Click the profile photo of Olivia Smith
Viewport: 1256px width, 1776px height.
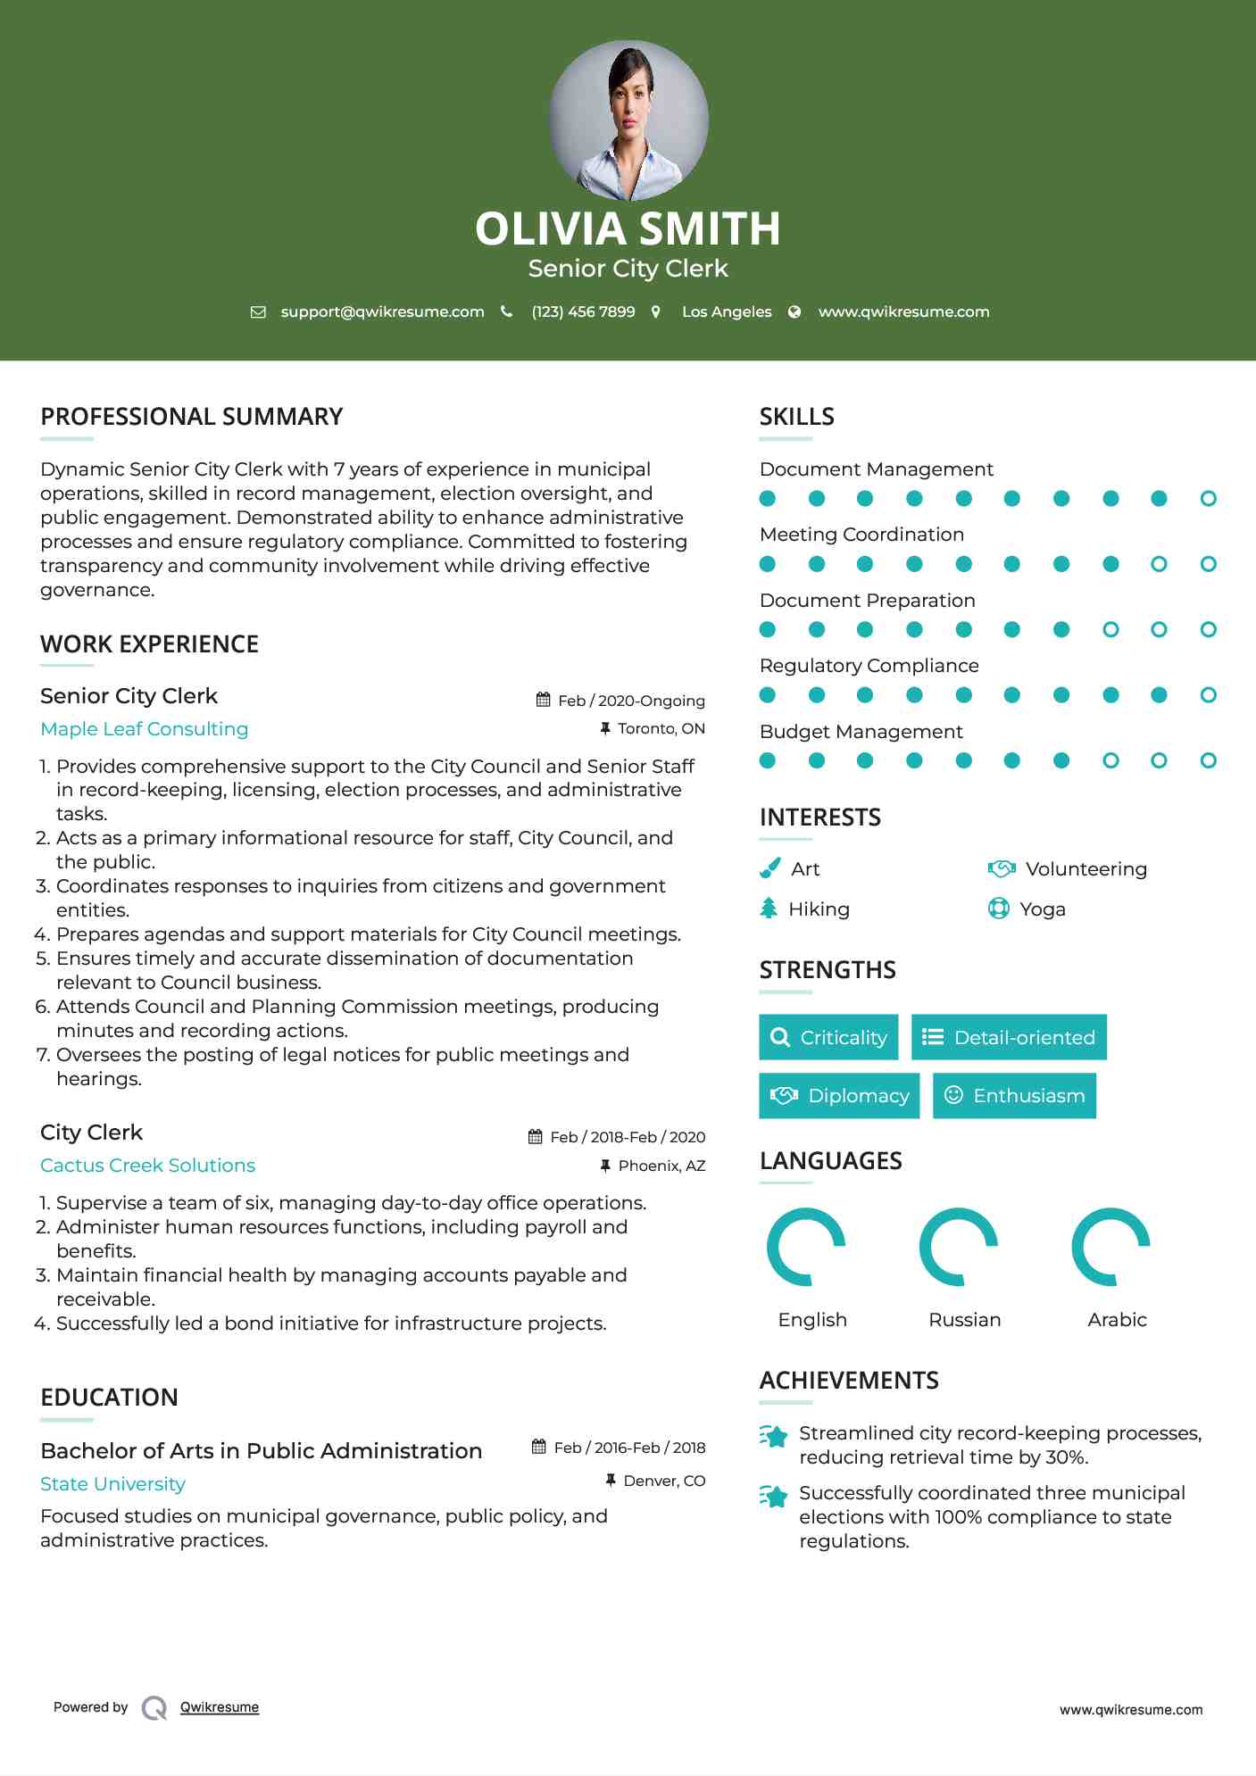point(628,120)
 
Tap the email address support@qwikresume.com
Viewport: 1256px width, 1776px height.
point(382,311)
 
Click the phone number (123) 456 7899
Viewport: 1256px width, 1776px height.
point(583,311)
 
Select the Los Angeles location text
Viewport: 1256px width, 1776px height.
point(727,311)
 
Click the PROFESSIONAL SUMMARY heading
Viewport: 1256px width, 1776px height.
point(192,417)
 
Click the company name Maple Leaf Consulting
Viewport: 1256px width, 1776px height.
point(145,729)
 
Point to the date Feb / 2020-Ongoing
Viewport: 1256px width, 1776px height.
point(631,701)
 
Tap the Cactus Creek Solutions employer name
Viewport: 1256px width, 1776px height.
point(148,1166)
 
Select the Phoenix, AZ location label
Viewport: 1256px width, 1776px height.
point(661,1166)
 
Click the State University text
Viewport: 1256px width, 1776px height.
point(113,1484)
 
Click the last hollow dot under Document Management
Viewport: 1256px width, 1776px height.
point(1208,499)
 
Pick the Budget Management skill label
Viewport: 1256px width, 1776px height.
point(861,732)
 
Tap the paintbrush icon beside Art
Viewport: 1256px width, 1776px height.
point(769,868)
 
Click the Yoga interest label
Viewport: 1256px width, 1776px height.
point(1043,909)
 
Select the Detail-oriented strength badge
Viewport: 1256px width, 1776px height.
point(1009,1037)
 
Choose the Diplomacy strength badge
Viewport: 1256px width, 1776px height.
point(840,1096)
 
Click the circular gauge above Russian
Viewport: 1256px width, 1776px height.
point(959,1247)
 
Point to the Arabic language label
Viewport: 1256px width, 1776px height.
point(1117,1320)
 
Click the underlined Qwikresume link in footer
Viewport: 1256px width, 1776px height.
point(220,1707)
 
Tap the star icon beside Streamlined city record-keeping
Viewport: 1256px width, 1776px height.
point(774,1436)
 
